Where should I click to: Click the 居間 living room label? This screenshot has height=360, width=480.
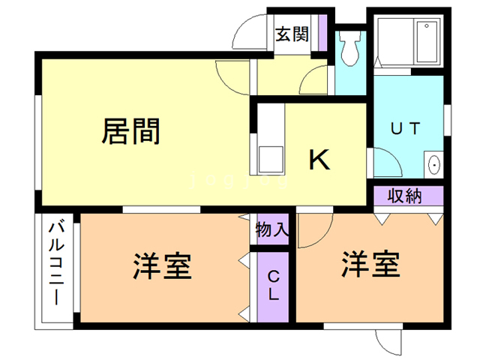[x=130, y=132]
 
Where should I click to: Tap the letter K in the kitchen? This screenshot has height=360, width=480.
[x=320, y=159]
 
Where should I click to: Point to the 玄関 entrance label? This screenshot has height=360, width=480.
[x=292, y=34]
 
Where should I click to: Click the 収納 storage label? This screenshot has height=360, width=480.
[x=405, y=196]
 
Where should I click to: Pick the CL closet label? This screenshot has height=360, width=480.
[x=273, y=286]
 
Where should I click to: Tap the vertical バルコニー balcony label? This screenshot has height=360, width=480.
[x=57, y=262]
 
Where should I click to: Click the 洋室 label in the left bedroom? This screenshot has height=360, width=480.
[x=163, y=265]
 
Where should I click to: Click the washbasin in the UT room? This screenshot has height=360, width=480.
[x=433, y=164]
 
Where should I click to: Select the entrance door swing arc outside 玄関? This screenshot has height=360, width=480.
[x=247, y=34]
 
